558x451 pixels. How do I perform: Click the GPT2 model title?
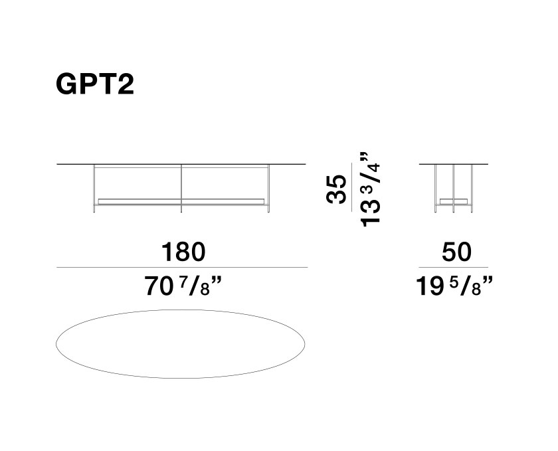(x=95, y=84)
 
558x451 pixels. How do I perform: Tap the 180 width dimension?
(x=183, y=252)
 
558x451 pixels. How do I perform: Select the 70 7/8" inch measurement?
(x=183, y=286)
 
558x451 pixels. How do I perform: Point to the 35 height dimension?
(x=336, y=189)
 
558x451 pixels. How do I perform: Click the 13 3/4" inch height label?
(x=371, y=189)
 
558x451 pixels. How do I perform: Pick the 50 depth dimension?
(x=456, y=252)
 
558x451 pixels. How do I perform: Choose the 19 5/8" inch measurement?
(x=454, y=286)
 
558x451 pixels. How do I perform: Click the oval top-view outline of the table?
(x=181, y=310)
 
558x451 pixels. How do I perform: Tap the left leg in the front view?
(x=94, y=189)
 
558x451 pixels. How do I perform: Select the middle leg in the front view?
(x=181, y=189)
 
